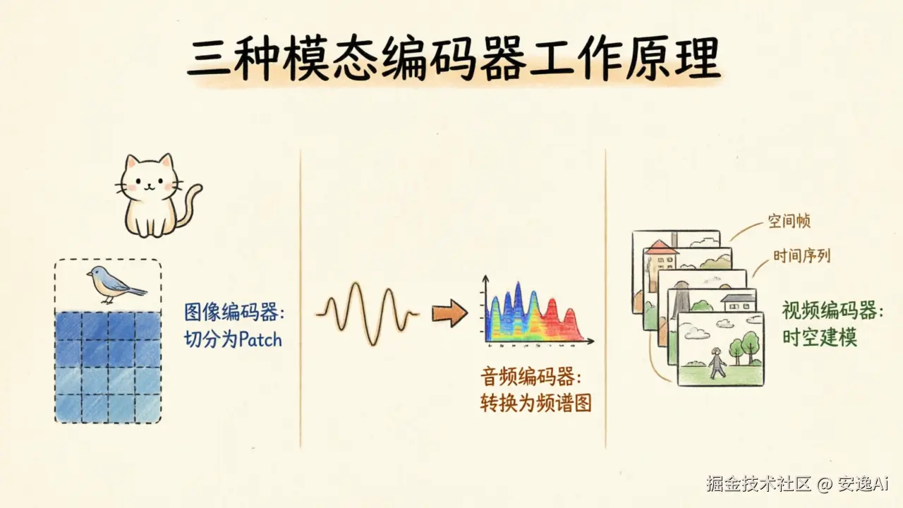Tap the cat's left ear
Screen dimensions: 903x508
pyautogui.click(x=131, y=163)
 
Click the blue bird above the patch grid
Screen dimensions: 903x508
pyautogui.click(x=115, y=284)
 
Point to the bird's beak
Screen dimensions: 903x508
pyautogui.click(x=88, y=275)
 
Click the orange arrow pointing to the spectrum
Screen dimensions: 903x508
pyautogui.click(x=449, y=313)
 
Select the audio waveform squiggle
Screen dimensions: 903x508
pyautogui.click(x=368, y=313)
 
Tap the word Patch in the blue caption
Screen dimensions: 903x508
pyautogui.click(x=260, y=340)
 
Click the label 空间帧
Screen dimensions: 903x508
pyautogui.click(x=789, y=221)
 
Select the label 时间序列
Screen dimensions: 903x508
pyautogui.click(x=802, y=255)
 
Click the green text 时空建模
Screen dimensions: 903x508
pyautogui.click(x=820, y=337)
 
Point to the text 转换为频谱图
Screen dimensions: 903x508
pyautogui.click(x=535, y=402)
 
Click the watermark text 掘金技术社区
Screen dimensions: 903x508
pyautogui.click(x=758, y=483)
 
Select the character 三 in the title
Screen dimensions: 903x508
pyautogui.click(x=209, y=57)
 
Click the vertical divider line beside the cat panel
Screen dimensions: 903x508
pyautogui.click(x=301, y=298)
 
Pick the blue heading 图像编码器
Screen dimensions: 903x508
pyautogui.click(x=231, y=313)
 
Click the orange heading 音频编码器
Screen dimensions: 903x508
pyautogui.click(x=527, y=377)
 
